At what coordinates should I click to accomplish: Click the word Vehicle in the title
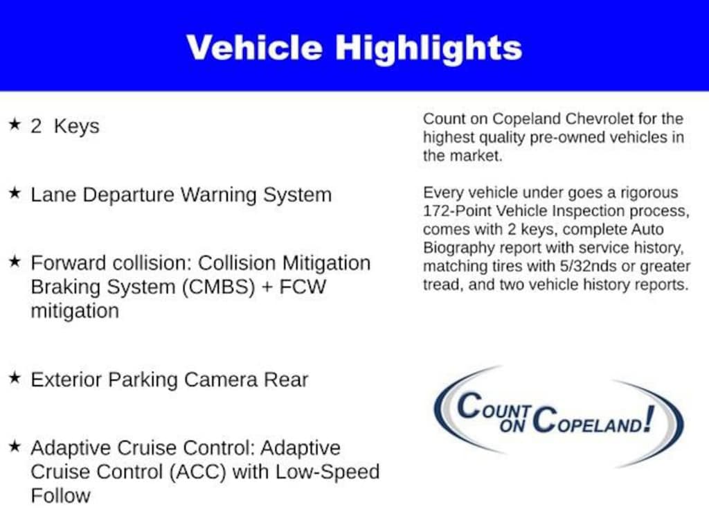pos(255,47)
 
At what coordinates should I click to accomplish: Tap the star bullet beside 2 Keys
pos(15,124)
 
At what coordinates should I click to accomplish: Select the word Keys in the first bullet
pos(76,127)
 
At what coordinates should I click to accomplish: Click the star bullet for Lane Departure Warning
pos(15,193)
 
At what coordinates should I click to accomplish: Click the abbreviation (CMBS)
pos(218,287)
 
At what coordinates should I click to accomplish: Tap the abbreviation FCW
pos(303,287)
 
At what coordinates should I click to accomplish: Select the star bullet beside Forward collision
pos(15,261)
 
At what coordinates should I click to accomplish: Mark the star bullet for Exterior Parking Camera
pos(15,378)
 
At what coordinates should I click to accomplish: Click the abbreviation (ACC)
pos(197,472)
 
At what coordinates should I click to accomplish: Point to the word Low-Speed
pos(327,472)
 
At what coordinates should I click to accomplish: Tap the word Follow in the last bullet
pos(61,495)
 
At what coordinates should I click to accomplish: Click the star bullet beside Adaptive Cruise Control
pos(15,446)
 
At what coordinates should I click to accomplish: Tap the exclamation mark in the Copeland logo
pos(649,418)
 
